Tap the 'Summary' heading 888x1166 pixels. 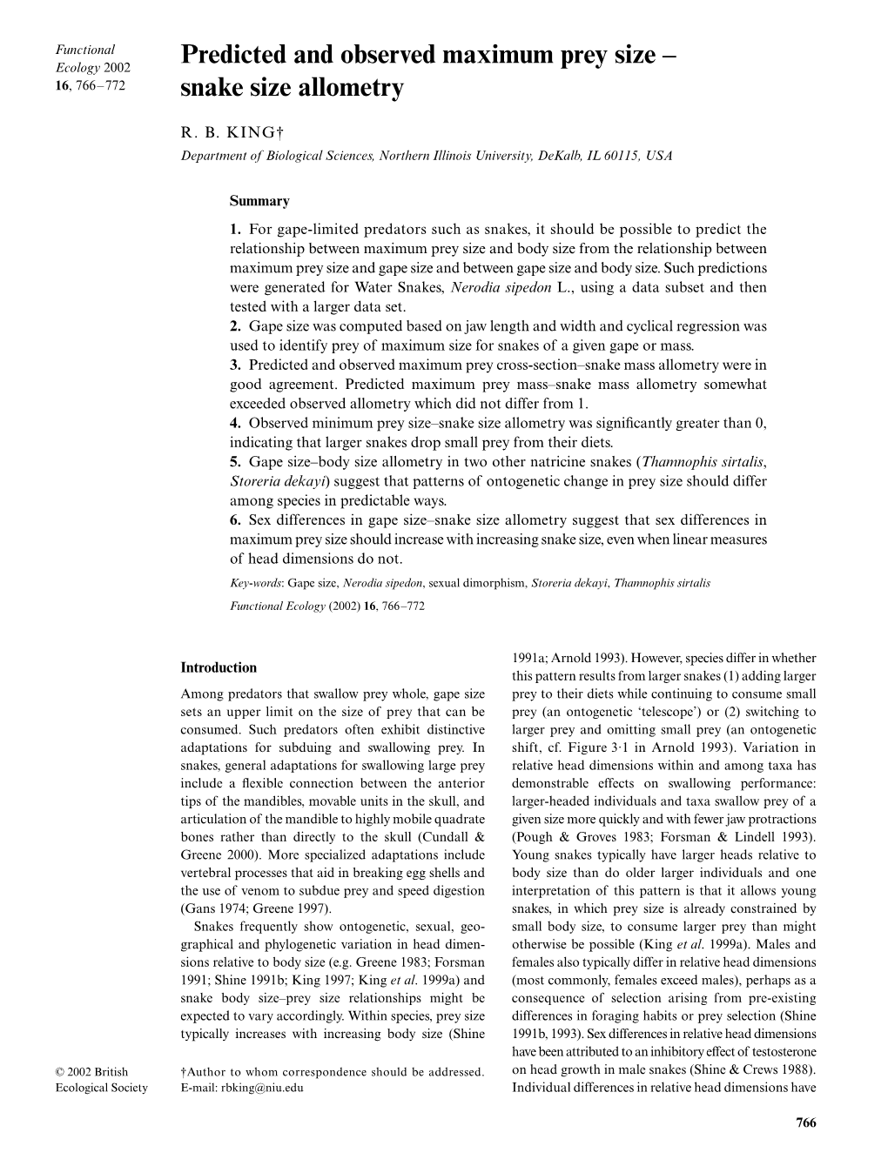(259, 201)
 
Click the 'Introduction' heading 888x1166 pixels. (219, 668)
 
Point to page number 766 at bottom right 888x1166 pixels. (806, 1123)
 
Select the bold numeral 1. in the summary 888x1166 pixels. (235, 230)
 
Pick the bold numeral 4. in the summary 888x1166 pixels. (235, 423)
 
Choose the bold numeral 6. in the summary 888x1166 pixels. (235, 520)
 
